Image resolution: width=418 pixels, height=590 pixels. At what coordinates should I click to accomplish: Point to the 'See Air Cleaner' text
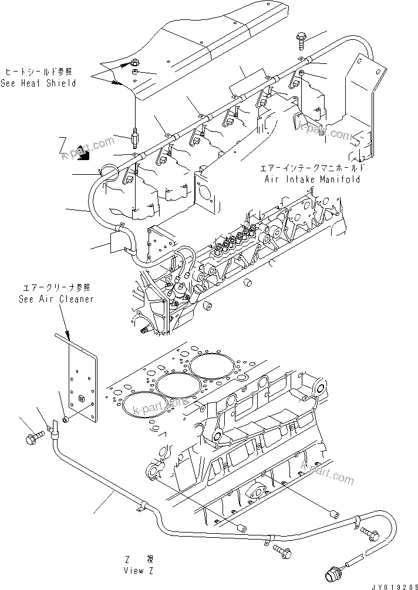(x=55, y=299)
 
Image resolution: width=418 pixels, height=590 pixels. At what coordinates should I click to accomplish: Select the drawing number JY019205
(x=392, y=585)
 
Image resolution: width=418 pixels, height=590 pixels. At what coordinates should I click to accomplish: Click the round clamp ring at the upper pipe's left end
(x=107, y=170)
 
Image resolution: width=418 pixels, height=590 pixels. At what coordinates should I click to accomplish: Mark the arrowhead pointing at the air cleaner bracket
(x=69, y=339)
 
